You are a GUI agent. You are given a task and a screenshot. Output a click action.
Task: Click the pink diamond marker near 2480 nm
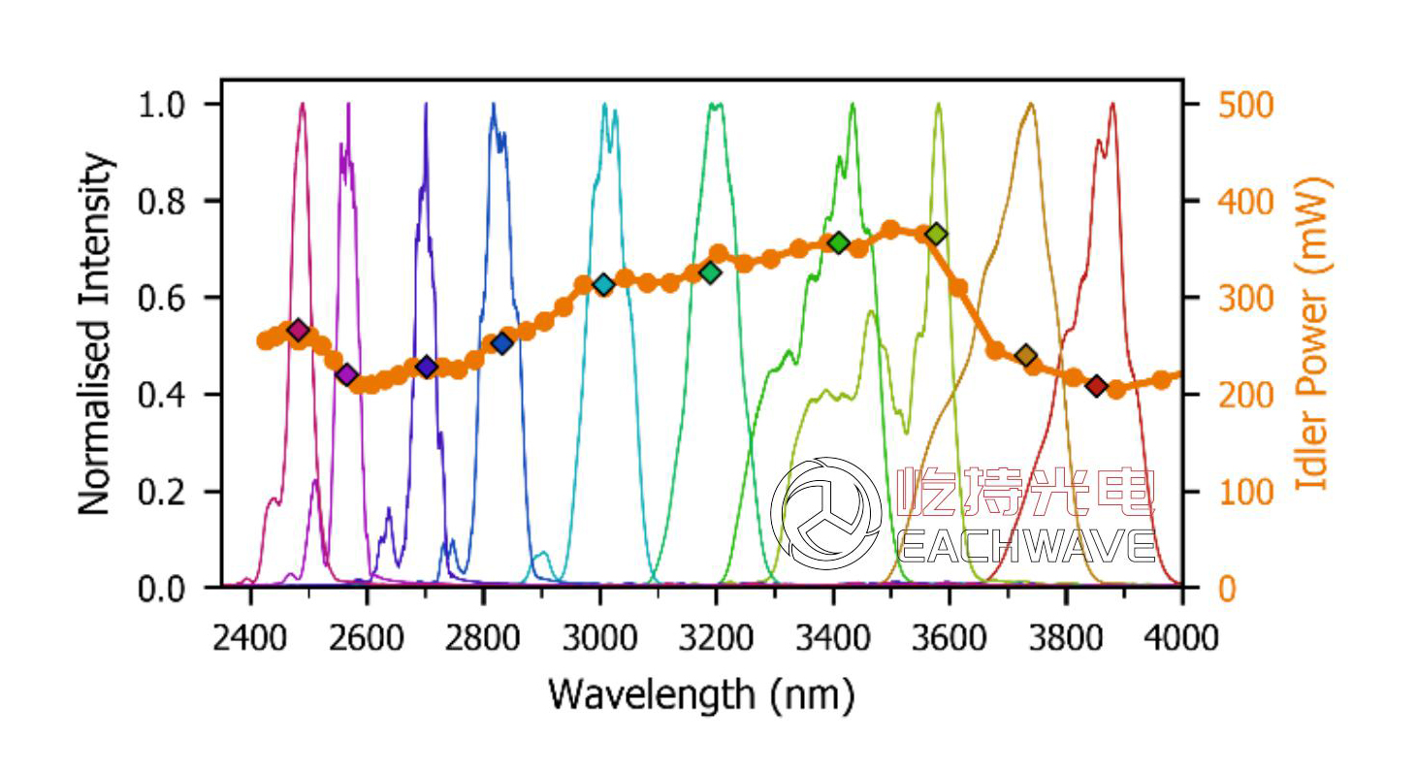[298, 331]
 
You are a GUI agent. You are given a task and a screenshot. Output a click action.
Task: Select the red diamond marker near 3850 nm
[1096, 387]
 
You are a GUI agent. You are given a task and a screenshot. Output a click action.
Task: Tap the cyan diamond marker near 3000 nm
[603, 285]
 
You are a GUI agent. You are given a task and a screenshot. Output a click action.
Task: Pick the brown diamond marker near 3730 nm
[1026, 356]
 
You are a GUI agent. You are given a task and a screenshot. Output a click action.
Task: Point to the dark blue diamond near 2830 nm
[501, 342]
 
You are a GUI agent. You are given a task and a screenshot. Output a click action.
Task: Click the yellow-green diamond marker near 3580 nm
[936, 234]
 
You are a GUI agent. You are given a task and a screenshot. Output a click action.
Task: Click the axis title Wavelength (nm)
[701, 694]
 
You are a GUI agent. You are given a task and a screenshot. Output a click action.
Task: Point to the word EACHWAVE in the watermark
[1026, 545]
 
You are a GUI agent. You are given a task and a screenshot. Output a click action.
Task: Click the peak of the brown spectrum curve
[1030, 104]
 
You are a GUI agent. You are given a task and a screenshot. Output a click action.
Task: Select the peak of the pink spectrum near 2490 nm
[303, 104]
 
